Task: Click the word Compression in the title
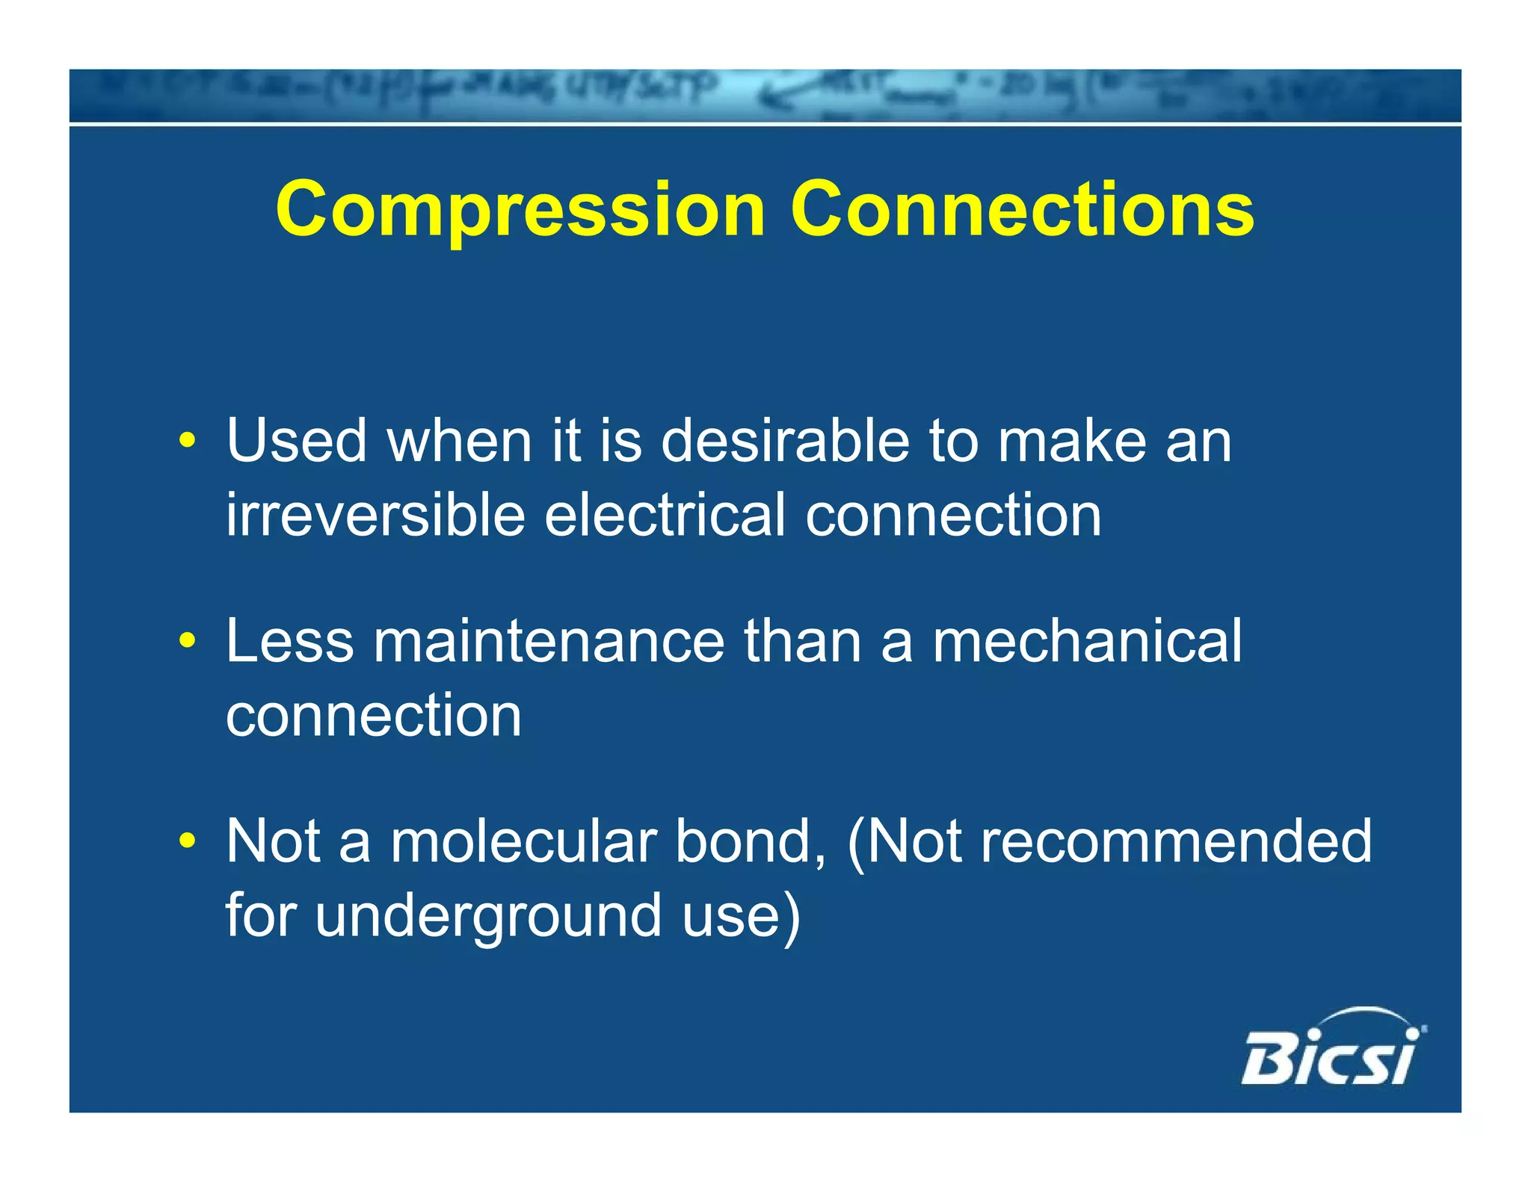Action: pos(520,211)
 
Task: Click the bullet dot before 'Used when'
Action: pos(187,441)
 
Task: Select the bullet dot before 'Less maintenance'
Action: pos(187,641)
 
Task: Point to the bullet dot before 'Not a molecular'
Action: pos(187,841)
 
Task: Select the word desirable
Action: pos(785,441)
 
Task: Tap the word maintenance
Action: pos(549,641)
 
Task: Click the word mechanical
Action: pos(1086,641)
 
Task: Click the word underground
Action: pos(489,915)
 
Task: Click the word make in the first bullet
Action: pos(1072,441)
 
